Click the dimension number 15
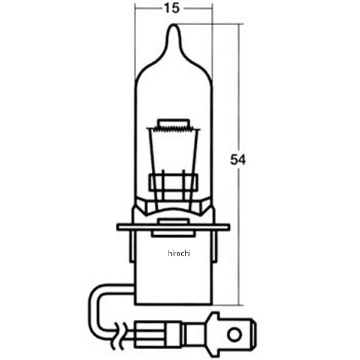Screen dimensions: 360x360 pos(173,8)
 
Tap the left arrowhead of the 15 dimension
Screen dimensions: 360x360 pos(138,8)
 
